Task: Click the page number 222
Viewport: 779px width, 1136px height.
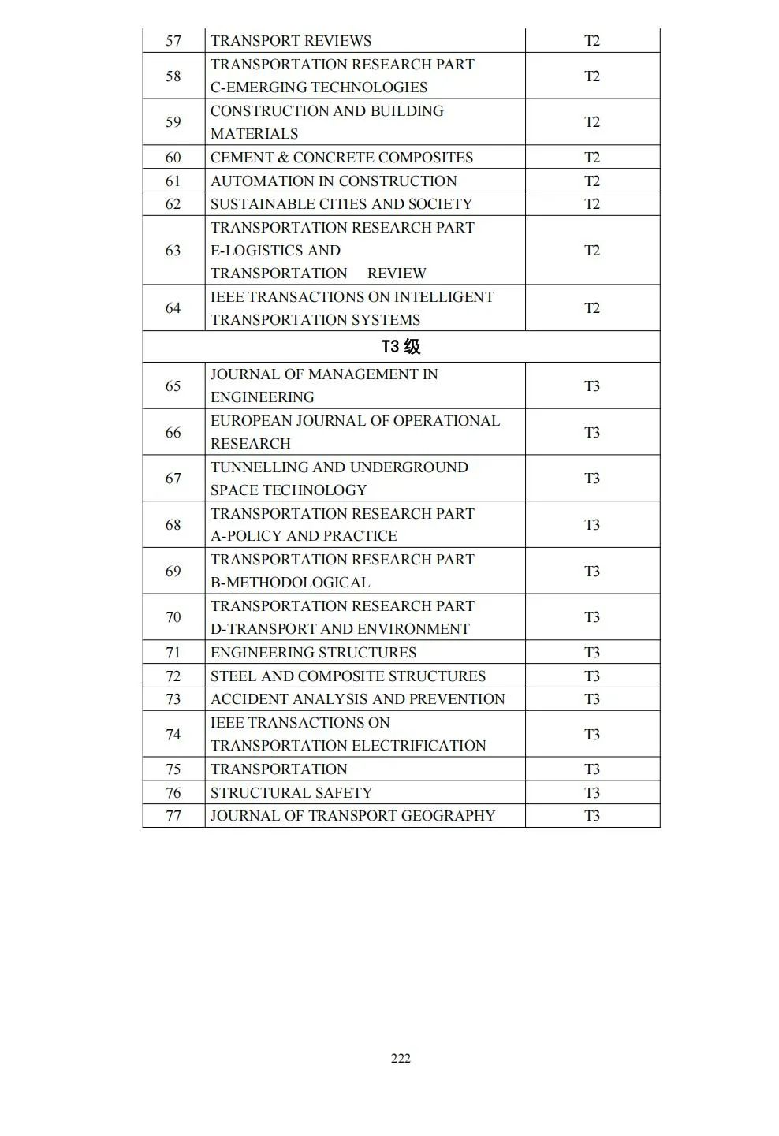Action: [x=401, y=1058]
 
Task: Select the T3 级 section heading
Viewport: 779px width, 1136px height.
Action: [x=401, y=347]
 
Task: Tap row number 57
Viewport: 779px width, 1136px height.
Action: [x=173, y=41]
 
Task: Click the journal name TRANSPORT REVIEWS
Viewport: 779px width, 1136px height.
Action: [x=291, y=41]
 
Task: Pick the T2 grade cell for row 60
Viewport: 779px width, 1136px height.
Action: [x=592, y=158]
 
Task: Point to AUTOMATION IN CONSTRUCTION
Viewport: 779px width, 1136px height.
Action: [x=334, y=181]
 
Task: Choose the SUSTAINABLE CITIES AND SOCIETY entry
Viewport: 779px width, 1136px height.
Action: [x=341, y=204]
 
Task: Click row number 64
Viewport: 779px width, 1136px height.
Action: [x=173, y=308]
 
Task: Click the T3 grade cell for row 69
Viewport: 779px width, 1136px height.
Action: [x=592, y=572]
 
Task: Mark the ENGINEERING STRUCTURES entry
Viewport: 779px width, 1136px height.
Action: [x=313, y=653]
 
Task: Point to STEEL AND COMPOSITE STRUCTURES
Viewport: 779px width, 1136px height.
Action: [x=348, y=676]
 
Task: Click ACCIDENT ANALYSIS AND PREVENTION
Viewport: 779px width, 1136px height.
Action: [x=357, y=699]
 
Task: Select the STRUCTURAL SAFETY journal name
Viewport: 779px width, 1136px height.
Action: [x=291, y=793]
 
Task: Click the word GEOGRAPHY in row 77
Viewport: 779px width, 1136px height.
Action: [x=448, y=816]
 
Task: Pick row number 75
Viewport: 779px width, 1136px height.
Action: [x=173, y=769]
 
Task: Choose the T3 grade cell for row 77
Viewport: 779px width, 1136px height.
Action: [x=592, y=816]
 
